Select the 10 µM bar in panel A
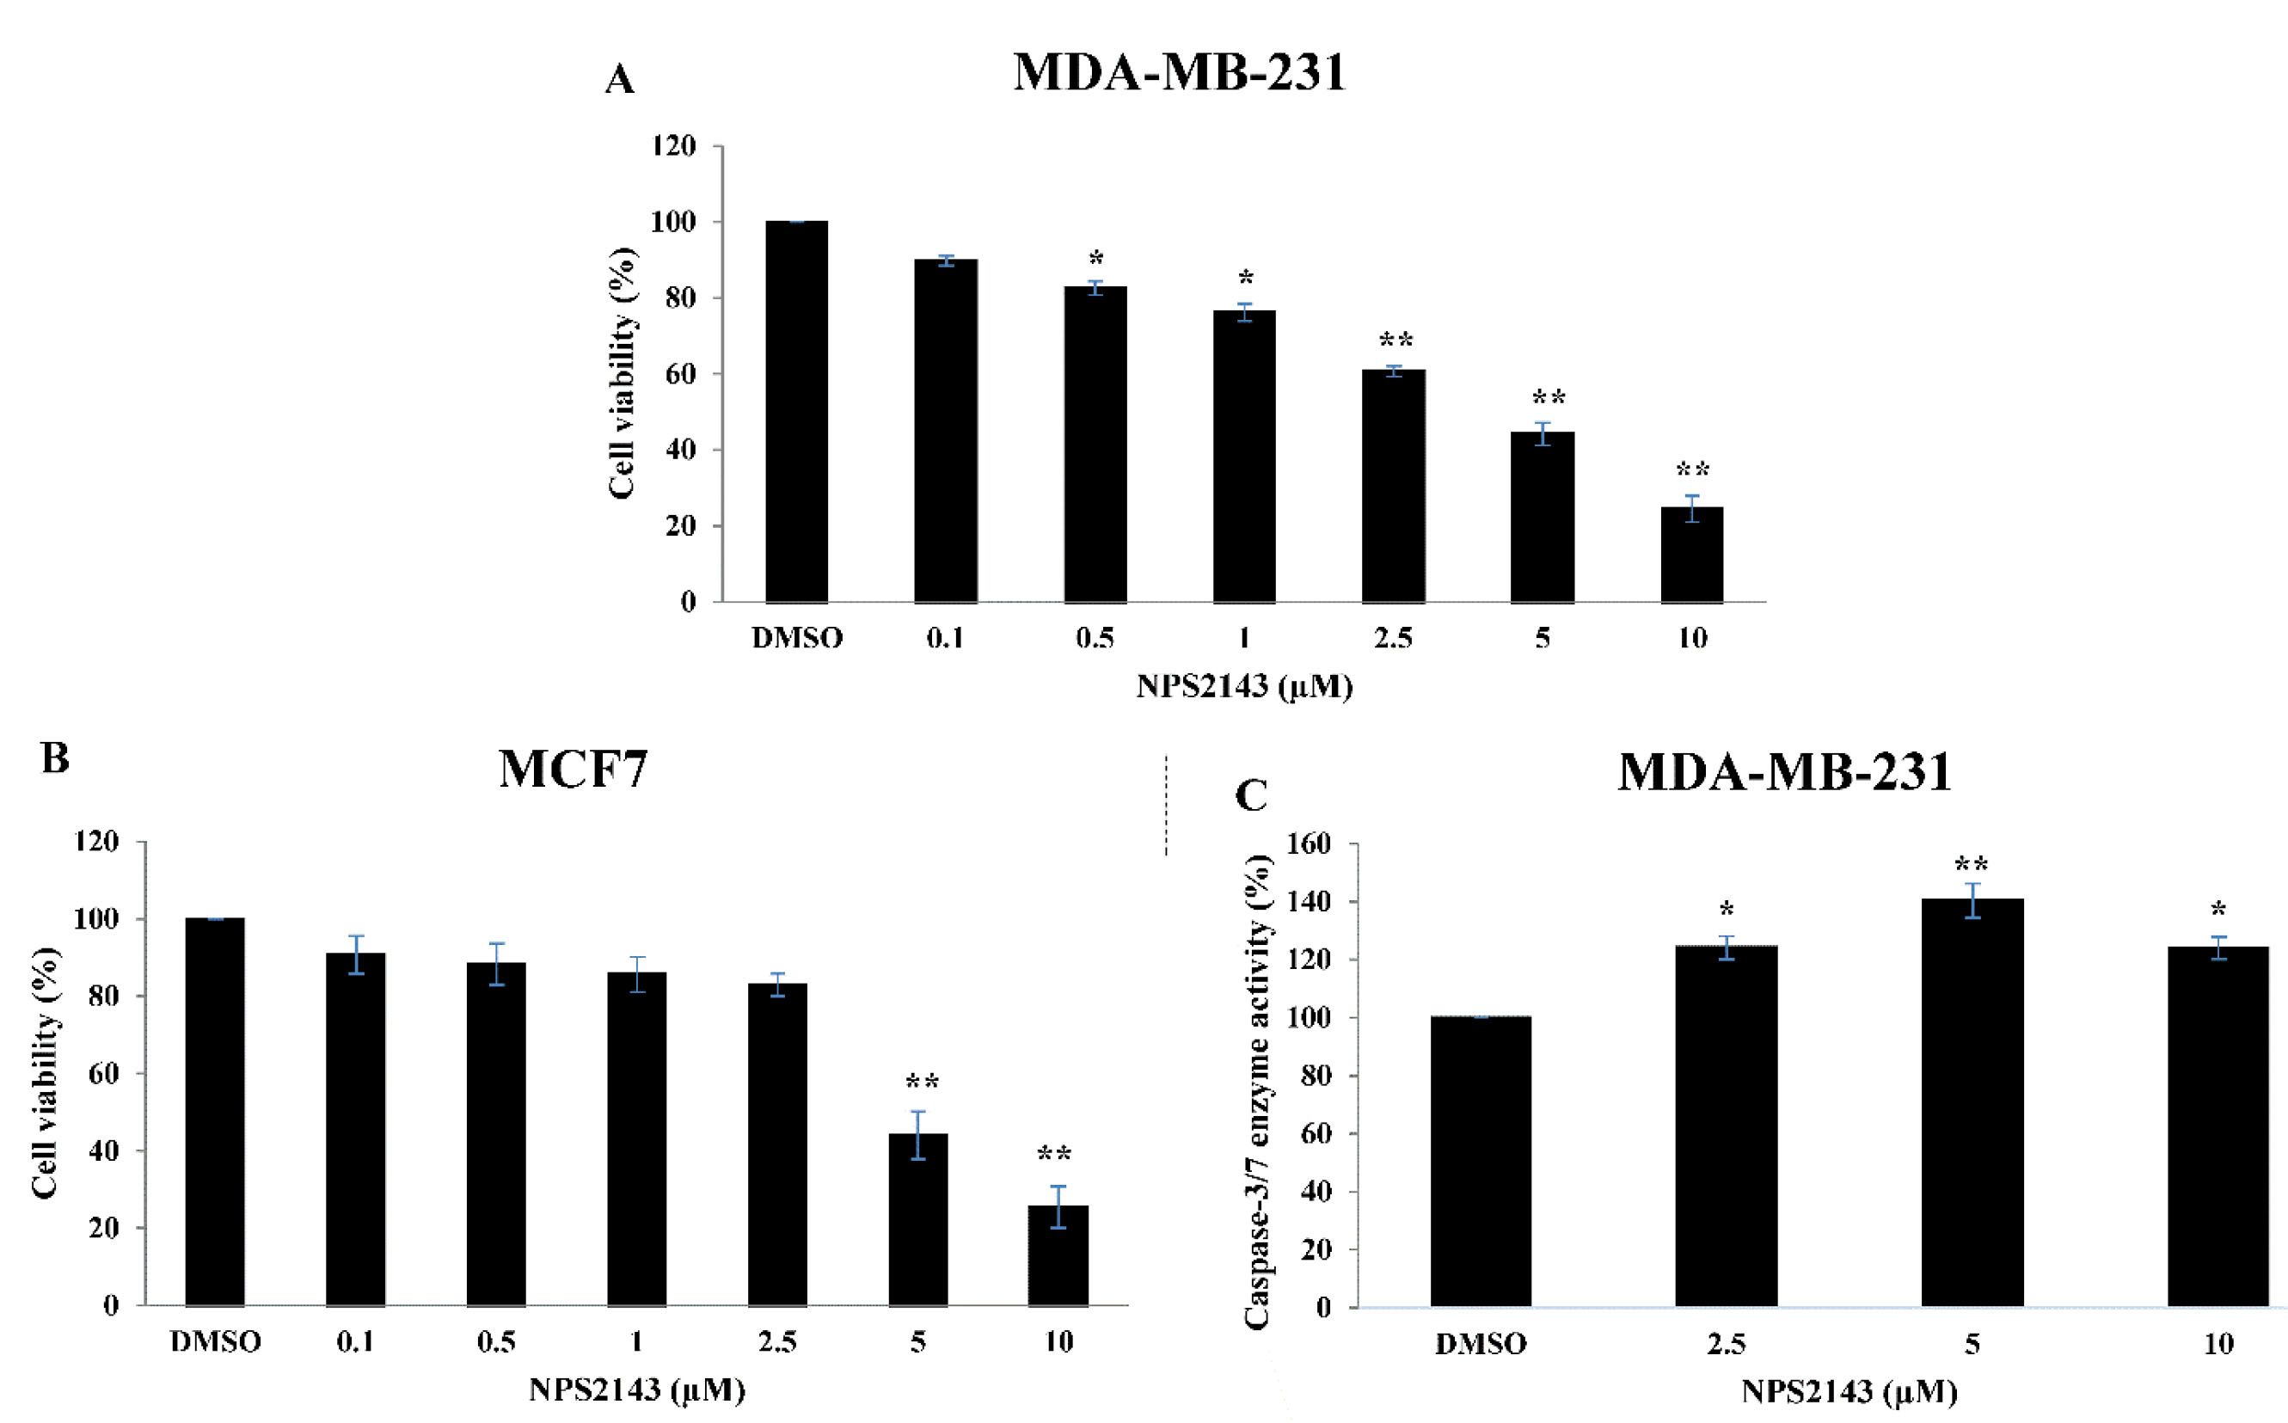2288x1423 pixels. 1691,555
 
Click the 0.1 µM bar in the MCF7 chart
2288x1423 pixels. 355,1128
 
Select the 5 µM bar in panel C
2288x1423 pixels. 1972,1102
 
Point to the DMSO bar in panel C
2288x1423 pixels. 1481,1162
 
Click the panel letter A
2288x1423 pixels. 619,80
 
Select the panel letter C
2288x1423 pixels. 1251,795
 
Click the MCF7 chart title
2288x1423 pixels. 573,769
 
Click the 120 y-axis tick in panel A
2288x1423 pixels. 674,146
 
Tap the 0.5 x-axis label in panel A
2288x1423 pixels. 1095,638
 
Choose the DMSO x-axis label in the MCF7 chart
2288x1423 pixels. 215,1341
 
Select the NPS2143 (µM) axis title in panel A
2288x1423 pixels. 1243,686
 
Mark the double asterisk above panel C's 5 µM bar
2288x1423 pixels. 1972,864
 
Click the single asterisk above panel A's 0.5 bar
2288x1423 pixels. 1095,259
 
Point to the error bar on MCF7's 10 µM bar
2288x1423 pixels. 1058,1206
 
